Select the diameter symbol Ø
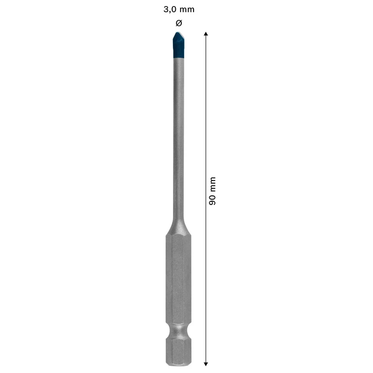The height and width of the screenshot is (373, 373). [x=179, y=23]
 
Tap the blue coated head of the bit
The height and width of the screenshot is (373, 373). [x=179, y=47]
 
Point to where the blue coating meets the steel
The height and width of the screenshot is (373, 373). [x=179, y=59]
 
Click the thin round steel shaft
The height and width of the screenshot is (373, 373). [x=179, y=140]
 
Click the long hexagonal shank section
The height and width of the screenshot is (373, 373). [x=179, y=280]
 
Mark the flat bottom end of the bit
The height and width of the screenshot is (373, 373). [x=179, y=364]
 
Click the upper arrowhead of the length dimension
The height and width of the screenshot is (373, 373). [x=206, y=34]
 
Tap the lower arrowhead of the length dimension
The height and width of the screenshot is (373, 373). [x=206, y=363]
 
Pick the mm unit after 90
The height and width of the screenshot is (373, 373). [x=212, y=185]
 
